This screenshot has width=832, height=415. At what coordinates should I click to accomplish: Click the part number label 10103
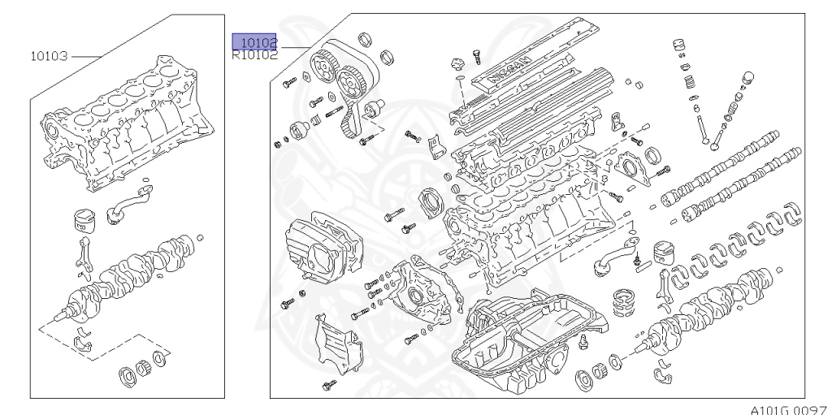(x=49, y=56)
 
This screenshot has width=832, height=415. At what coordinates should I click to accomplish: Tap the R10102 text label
(x=255, y=56)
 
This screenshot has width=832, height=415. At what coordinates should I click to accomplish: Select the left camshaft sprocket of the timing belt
(x=328, y=63)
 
